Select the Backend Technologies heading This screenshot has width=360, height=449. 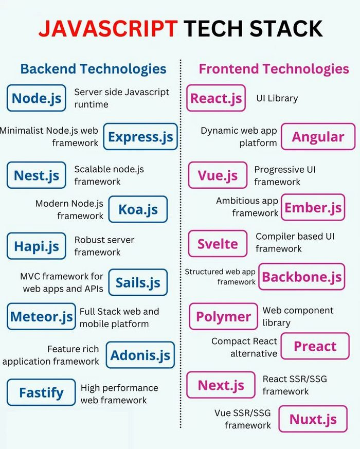tap(93, 68)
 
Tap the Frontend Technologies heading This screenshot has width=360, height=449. tap(274, 68)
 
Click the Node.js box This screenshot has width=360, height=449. tap(37, 98)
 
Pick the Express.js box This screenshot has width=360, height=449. tap(140, 137)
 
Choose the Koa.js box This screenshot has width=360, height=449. tap(138, 209)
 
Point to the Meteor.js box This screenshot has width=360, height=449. tap(41, 317)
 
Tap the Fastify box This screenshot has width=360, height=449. tap(41, 393)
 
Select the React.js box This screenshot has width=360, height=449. tap(216, 98)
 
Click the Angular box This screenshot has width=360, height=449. tap(318, 137)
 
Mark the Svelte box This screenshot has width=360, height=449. tap(218, 243)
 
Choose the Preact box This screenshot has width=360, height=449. tap(315, 346)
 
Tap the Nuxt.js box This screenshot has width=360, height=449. tap(313, 419)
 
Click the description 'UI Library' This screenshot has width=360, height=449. tap(277, 98)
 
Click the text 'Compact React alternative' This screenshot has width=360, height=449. tap(244, 347)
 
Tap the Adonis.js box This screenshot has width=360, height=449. tap(140, 355)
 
